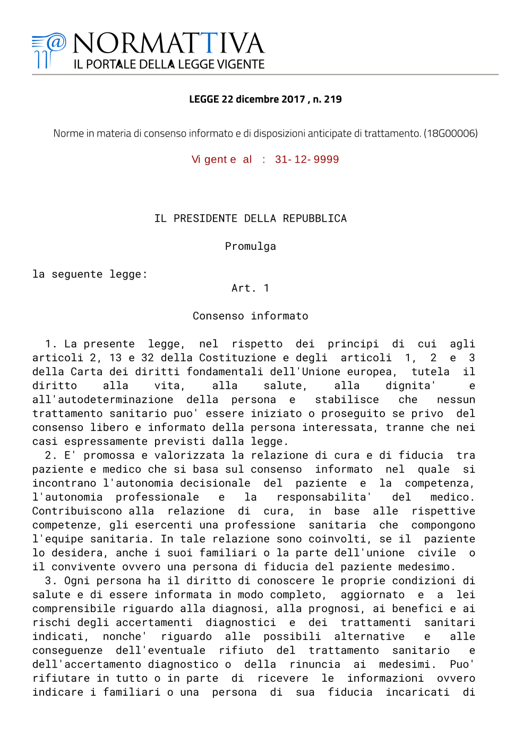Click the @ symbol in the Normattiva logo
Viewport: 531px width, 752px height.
tap(56, 42)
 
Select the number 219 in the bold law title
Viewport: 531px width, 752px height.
tap(332, 99)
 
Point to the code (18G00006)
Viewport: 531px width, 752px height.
tap(450, 133)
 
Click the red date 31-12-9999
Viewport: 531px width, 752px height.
tap(307, 159)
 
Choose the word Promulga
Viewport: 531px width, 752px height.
tap(250, 247)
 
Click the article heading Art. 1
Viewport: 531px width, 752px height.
tap(250, 288)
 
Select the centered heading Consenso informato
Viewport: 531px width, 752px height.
tap(250, 316)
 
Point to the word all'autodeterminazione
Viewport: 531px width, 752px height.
tap(102, 400)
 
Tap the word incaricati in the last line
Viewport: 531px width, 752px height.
tap(417, 692)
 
